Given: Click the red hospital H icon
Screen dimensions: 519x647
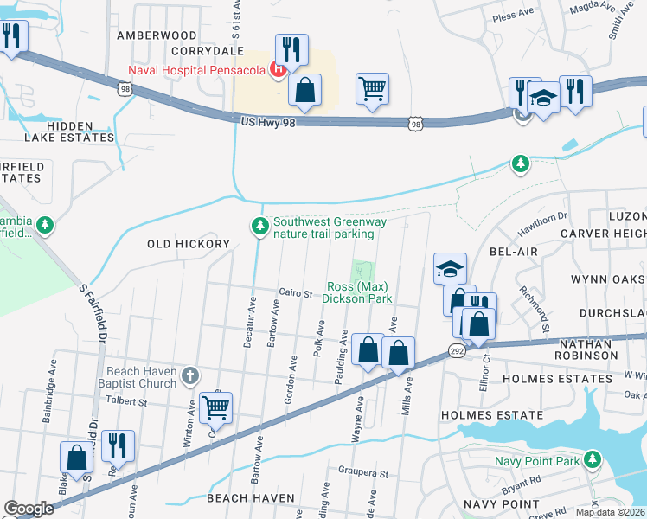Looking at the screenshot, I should click(279, 69).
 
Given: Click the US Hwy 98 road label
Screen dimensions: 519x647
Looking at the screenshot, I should click(273, 123).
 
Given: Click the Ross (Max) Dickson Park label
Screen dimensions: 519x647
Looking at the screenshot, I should click(358, 292).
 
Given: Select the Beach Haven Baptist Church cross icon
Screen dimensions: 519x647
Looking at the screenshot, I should click(190, 376).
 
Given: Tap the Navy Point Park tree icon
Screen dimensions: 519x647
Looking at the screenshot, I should click(592, 460).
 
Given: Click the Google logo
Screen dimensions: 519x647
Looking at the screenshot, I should click(29, 509).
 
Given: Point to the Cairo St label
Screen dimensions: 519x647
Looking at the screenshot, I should click(294, 294).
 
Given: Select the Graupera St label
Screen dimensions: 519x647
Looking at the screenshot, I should click(363, 474).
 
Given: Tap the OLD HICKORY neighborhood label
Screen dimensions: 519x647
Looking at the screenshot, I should click(188, 244).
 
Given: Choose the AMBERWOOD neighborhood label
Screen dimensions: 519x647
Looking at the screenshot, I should click(157, 35).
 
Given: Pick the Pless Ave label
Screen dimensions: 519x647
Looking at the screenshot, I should click(513, 15).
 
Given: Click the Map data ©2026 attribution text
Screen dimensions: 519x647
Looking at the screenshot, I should click(611, 512).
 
